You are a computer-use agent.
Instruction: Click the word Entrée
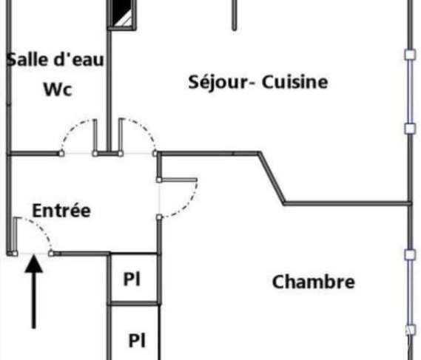pyautogui.click(x=61, y=211)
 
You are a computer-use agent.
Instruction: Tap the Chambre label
pyautogui.click(x=314, y=282)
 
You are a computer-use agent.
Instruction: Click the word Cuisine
pyautogui.click(x=294, y=82)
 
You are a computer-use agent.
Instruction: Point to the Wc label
pyautogui.click(x=58, y=89)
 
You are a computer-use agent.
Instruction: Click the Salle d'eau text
pyautogui.click(x=55, y=60)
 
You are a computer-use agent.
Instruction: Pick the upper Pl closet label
pyautogui.click(x=132, y=279)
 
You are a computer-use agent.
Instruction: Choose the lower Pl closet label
pyautogui.click(x=137, y=340)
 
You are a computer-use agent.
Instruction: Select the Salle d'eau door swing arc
pyautogui.click(x=72, y=127)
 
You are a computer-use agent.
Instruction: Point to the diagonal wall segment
pyautogui.click(x=272, y=178)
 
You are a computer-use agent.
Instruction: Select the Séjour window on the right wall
pyautogui.click(x=410, y=92)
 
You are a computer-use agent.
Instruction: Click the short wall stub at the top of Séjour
pyautogui.click(x=235, y=15)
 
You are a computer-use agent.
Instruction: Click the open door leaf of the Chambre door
pyautogui.click(x=178, y=180)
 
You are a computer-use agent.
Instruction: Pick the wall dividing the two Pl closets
pyautogui.click(x=134, y=303)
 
